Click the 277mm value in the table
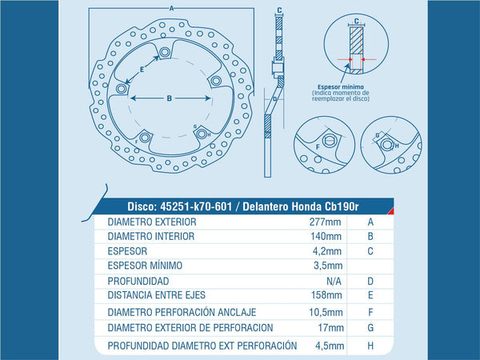[x=325, y=222]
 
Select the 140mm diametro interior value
[x=326, y=236]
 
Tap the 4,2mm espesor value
[x=327, y=251]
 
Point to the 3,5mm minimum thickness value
[x=328, y=266]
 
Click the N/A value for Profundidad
[x=334, y=281]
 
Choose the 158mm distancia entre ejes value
[x=326, y=295]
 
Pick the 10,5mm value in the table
[x=326, y=312]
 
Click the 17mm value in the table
[x=330, y=327]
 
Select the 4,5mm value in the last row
[x=330, y=346]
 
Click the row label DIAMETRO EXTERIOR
[x=152, y=222]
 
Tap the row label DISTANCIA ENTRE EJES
[x=157, y=295]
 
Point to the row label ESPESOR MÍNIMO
[x=145, y=266]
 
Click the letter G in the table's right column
[x=370, y=327]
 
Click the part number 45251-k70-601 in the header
[x=196, y=206]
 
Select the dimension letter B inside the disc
[x=170, y=98]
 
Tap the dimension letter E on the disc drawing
[x=142, y=70]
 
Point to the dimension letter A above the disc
[x=171, y=9]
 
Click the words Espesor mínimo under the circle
[x=341, y=87]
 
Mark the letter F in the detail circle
[x=318, y=147]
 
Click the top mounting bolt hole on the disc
[x=165, y=52]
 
